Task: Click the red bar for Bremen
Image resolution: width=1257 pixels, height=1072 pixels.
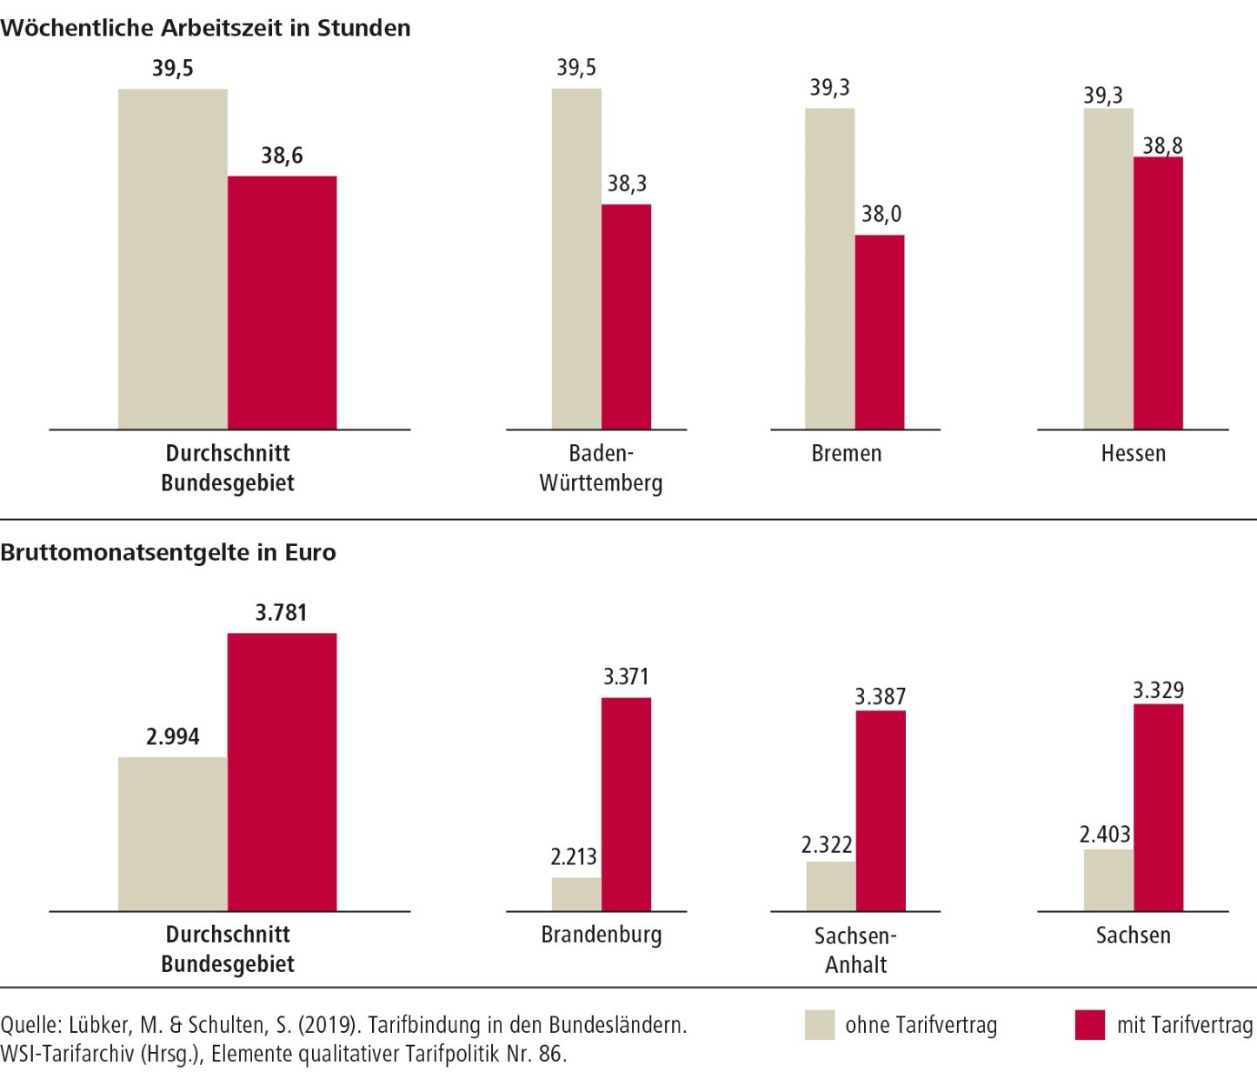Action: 879,332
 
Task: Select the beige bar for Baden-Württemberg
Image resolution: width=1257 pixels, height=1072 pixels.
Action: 575,259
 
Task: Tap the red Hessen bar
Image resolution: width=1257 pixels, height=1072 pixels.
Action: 1158,293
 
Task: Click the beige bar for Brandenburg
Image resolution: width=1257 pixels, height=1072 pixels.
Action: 575,894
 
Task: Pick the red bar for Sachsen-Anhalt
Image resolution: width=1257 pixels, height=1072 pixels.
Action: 880,810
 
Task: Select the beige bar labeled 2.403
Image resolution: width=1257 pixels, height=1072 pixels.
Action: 1107,880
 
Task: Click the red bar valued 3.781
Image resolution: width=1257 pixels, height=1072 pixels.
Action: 282,772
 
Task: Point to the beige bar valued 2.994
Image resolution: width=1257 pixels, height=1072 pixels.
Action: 172,834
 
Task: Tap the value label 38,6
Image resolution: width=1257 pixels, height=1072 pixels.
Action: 282,156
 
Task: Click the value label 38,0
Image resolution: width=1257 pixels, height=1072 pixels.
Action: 881,214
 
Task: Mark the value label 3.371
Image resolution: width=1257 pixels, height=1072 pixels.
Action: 626,676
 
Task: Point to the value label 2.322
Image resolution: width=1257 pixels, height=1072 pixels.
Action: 826,844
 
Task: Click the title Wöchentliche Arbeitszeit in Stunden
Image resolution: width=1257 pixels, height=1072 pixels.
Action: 205,28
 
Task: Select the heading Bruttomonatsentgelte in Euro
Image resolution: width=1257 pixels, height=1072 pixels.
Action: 168,552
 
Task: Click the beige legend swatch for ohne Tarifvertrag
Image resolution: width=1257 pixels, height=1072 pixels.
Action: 819,1025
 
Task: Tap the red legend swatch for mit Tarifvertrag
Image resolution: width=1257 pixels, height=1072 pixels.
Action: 1089,1025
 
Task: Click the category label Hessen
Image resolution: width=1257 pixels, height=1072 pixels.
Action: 1133,453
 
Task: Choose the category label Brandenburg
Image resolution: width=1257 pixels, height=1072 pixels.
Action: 601,935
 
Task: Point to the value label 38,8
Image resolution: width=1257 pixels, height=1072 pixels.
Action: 1162,145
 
